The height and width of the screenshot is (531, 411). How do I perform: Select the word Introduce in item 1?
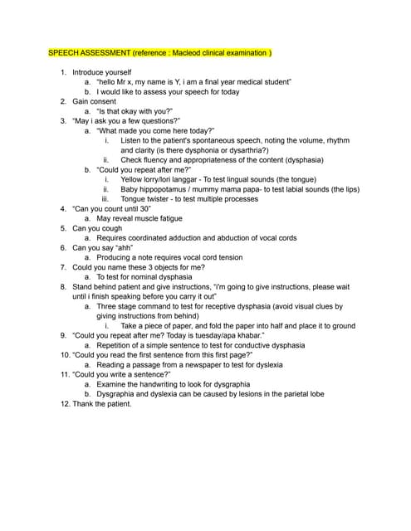coord(91,73)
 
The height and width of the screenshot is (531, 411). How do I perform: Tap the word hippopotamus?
coord(165,189)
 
